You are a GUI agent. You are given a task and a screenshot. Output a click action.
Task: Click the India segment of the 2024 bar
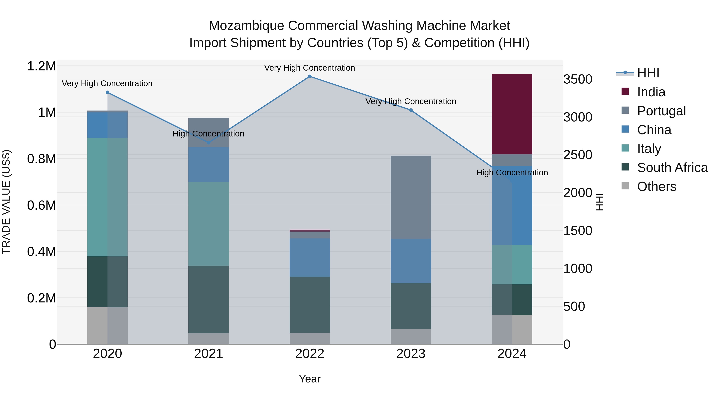tap(512, 114)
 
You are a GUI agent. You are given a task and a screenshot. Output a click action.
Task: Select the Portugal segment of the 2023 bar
tap(411, 197)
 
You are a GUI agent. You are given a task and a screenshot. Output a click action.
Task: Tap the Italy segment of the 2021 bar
tap(209, 224)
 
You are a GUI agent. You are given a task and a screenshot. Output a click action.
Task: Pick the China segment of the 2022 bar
tap(310, 257)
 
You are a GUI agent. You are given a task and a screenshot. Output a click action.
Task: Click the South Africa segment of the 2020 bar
tap(107, 282)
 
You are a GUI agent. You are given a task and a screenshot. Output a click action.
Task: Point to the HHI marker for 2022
tap(310, 76)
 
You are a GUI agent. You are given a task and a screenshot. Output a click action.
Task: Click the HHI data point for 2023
tap(411, 110)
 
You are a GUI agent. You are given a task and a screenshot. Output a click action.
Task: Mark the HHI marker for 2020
tap(107, 92)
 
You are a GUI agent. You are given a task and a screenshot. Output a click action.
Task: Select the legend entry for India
tap(651, 92)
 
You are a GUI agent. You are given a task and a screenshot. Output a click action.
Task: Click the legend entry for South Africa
tap(672, 168)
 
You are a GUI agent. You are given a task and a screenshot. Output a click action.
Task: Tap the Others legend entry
tap(656, 187)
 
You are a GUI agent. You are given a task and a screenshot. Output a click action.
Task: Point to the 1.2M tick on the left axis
tap(42, 66)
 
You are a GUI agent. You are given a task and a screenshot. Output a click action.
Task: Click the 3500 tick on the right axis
tap(577, 79)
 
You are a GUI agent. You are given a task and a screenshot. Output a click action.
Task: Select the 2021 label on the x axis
tap(209, 354)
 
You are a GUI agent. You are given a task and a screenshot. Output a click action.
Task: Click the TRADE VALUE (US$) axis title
tap(6, 202)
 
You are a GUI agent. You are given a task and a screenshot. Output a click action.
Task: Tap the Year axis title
tap(310, 379)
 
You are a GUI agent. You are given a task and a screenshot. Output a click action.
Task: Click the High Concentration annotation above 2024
tap(512, 173)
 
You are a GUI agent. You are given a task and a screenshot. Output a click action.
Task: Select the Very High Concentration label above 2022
tap(310, 68)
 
